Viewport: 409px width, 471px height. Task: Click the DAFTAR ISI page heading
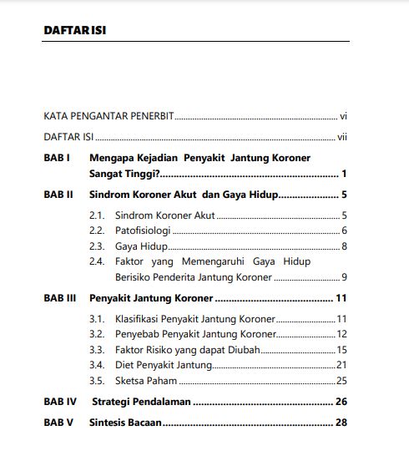pos(73,31)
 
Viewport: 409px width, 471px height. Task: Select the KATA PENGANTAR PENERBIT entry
pos(108,115)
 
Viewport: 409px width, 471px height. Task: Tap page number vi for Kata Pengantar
pos(342,115)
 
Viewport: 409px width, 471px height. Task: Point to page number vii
pos(341,136)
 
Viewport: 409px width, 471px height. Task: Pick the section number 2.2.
pos(97,230)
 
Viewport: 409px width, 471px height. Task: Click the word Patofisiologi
pos(143,230)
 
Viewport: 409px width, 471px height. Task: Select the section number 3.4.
pos(97,365)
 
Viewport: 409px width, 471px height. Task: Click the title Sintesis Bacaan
pos(125,423)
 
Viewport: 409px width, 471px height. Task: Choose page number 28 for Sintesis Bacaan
pos(341,423)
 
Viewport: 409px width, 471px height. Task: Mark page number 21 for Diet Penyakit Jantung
pos(341,365)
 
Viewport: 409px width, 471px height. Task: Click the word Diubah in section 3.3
pos(243,350)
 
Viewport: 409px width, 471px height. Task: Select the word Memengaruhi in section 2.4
pos(199,261)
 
